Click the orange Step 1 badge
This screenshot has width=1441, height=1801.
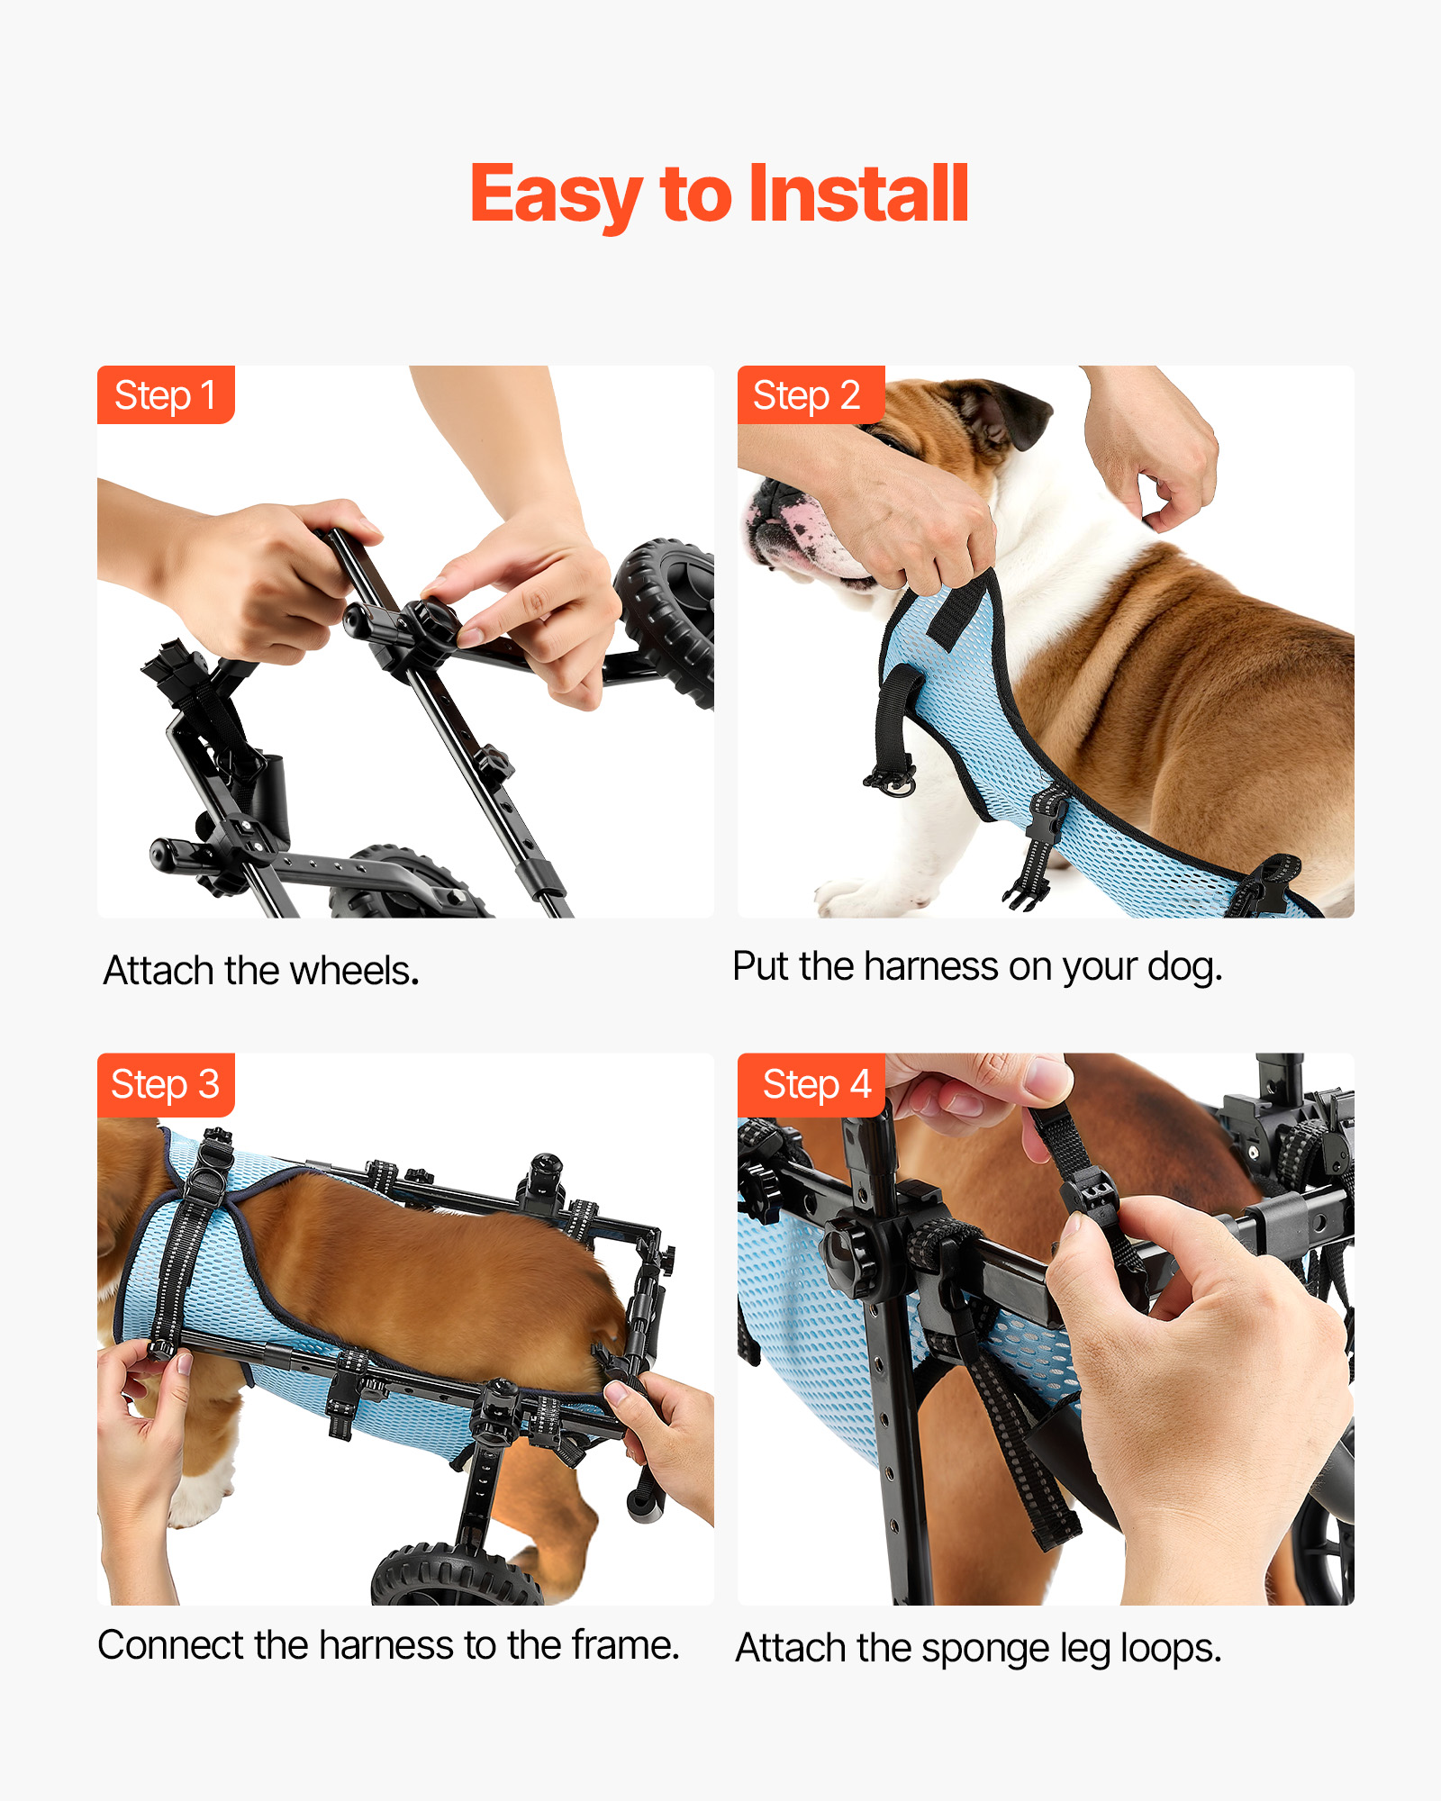(x=166, y=394)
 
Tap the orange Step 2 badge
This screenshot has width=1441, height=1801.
(x=811, y=394)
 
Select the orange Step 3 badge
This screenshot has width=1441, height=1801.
(x=166, y=1084)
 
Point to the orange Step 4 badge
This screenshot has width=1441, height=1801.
(x=811, y=1084)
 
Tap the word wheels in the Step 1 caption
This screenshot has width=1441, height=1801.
(x=355, y=971)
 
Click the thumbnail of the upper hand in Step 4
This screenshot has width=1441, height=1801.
(x=1044, y=1077)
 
